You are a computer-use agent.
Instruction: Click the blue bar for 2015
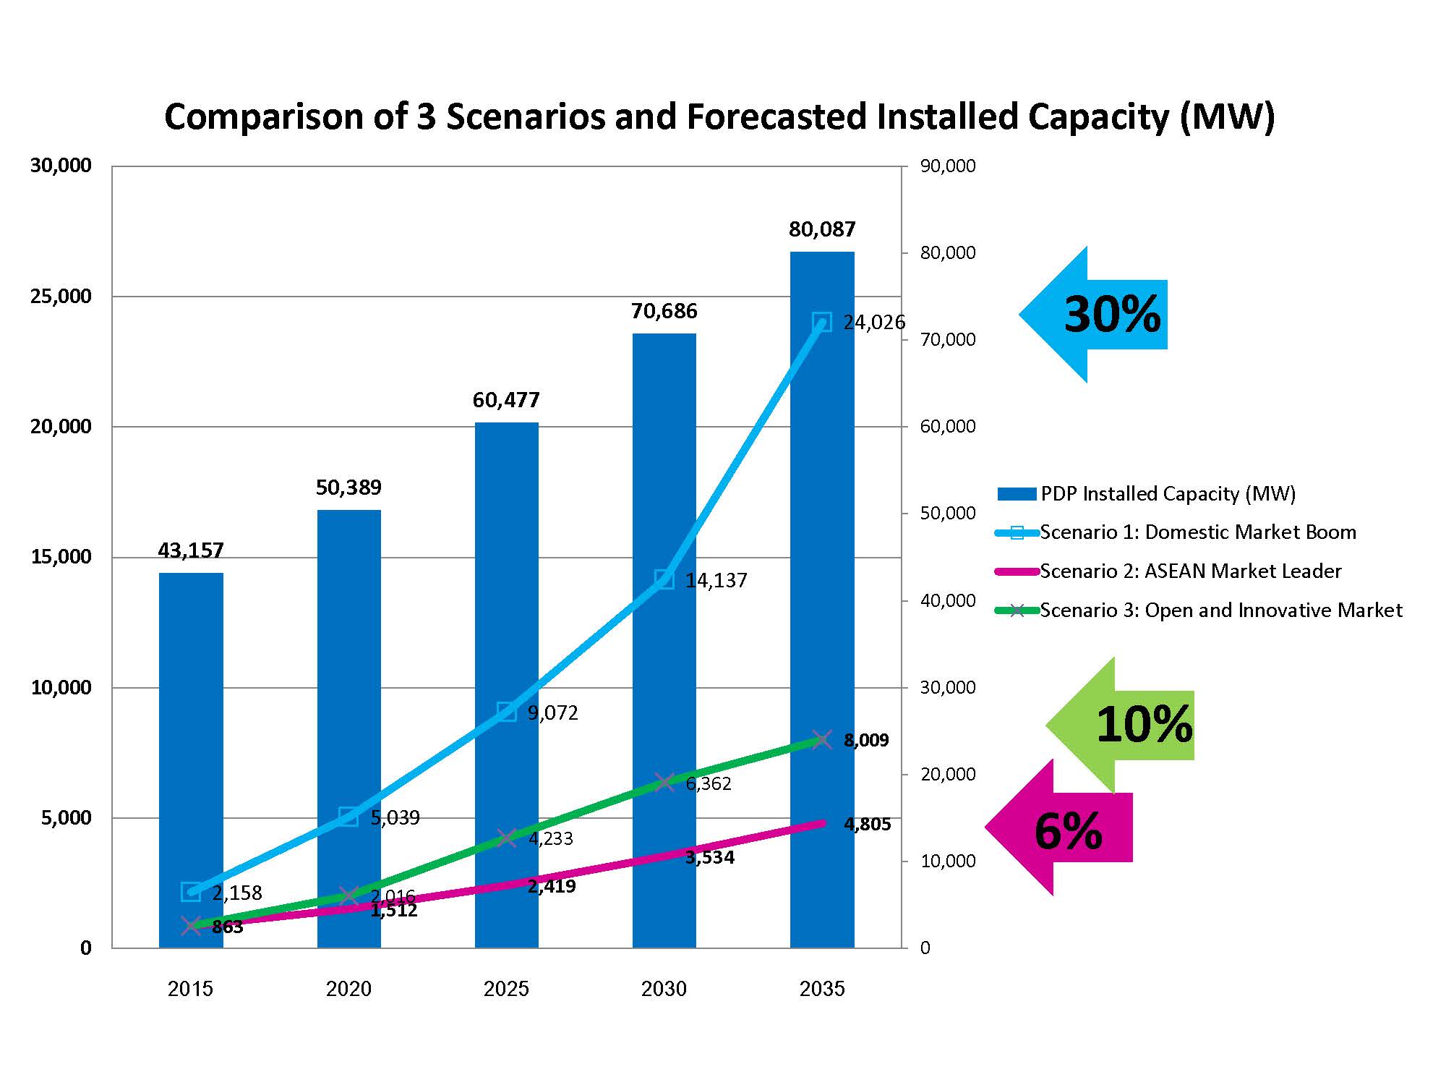pyautogui.click(x=191, y=723)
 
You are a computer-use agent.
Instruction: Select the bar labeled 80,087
pyautogui.click(x=822, y=506)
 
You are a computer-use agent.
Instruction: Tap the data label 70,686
pyautogui.click(x=664, y=312)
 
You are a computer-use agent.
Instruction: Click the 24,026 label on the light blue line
pyautogui.click(x=873, y=323)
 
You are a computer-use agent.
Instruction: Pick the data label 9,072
pyautogui.click(x=552, y=713)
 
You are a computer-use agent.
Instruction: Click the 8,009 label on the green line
pyautogui.click(x=866, y=741)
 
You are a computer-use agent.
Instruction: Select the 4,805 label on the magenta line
pyautogui.click(x=867, y=825)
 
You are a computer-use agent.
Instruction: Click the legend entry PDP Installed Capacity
pyautogui.click(x=1167, y=494)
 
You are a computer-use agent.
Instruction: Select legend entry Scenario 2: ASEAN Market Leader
pyautogui.click(x=1189, y=571)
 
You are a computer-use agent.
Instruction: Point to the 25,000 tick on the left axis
pyautogui.click(x=61, y=297)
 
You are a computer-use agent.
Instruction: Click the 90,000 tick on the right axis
pyautogui.click(x=947, y=166)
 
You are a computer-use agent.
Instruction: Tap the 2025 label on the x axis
pyautogui.click(x=506, y=989)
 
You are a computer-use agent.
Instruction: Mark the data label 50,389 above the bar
pyautogui.click(x=348, y=488)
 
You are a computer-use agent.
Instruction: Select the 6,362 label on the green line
pyautogui.click(x=709, y=784)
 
